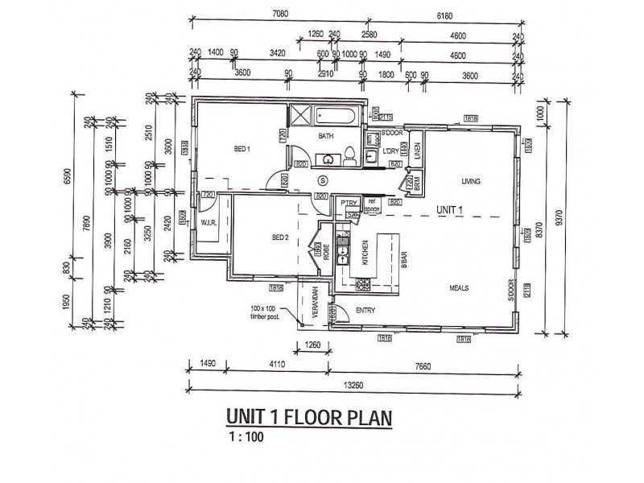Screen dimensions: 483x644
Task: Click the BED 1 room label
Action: click(x=243, y=149)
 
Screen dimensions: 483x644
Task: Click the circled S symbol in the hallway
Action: click(x=324, y=180)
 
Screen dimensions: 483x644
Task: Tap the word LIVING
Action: click(x=471, y=182)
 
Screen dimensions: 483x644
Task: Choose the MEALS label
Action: click(x=460, y=287)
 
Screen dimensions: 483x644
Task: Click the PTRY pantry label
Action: click(x=348, y=203)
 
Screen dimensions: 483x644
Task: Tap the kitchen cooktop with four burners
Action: click(x=361, y=283)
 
